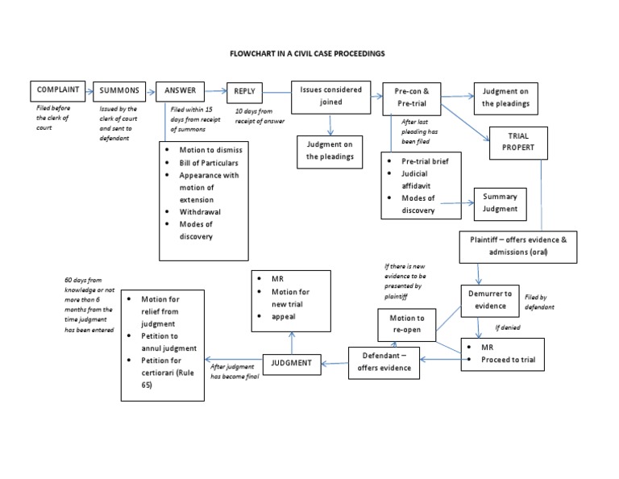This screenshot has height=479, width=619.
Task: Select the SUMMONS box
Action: (118, 91)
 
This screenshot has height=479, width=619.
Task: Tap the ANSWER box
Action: (180, 90)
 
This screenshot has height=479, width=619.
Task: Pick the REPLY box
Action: (245, 91)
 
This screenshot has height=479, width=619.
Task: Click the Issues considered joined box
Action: (330, 96)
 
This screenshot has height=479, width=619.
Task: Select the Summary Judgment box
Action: (500, 202)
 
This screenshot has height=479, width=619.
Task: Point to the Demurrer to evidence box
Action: (491, 299)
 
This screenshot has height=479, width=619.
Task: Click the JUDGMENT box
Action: (292, 363)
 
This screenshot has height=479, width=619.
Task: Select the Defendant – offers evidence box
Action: (385, 361)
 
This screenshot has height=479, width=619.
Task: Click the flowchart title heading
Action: (309, 53)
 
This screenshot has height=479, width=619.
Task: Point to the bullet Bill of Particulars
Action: (209, 163)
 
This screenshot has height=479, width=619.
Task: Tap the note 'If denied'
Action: (509, 328)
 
